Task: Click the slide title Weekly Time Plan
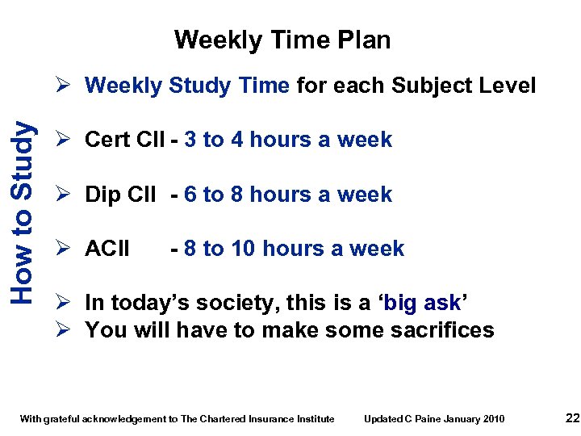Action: click(x=282, y=40)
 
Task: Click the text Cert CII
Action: click(x=124, y=140)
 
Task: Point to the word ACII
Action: click(x=107, y=249)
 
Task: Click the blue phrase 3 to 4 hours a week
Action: click(x=288, y=140)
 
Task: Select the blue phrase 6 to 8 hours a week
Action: click(x=288, y=195)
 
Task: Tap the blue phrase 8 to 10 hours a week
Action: click(x=294, y=249)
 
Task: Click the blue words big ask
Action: click(x=423, y=303)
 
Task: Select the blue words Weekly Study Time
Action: click(x=187, y=86)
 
